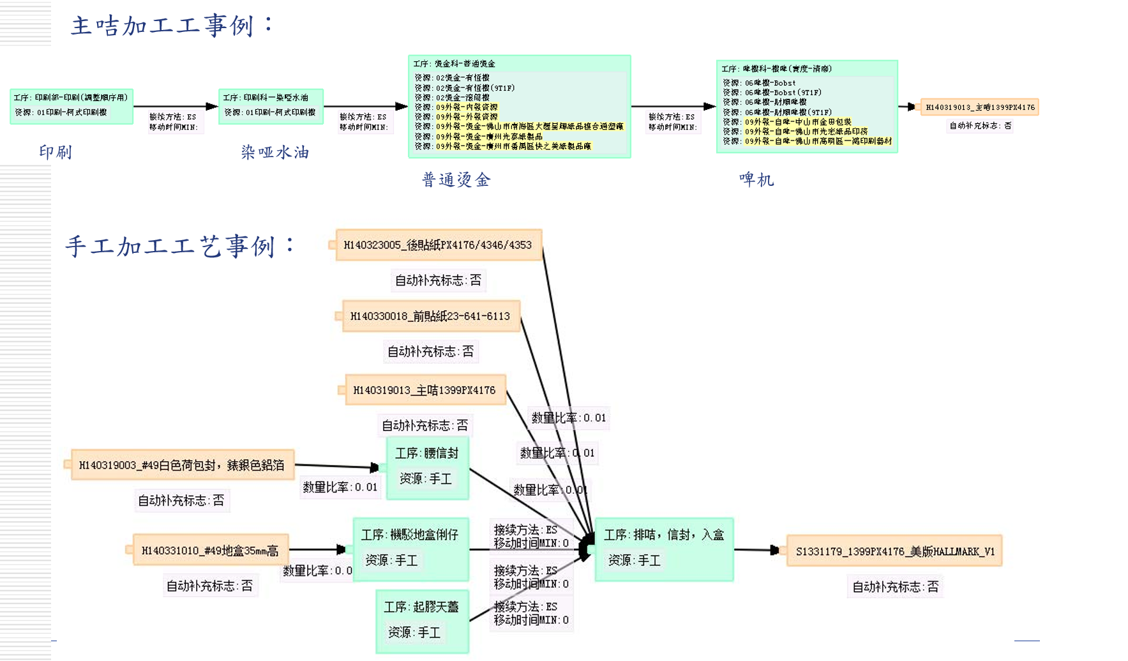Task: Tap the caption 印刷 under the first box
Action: [56, 152]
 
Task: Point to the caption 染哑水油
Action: [275, 152]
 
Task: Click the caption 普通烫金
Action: [456, 179]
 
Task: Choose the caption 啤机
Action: [756, 179]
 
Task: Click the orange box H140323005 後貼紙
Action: [438, 245]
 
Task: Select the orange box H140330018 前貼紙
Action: [430, 316]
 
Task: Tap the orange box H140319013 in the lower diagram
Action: [425, 390]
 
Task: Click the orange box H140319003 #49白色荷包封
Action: [181, 465]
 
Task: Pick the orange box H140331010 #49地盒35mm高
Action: [210, 551]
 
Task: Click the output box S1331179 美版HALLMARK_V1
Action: [894, 551]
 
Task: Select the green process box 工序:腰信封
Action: [427, 467]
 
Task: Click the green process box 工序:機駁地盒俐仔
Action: [410, 548]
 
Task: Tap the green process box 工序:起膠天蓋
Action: [422, 620]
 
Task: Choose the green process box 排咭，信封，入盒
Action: [664, 548]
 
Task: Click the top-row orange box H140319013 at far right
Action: [979, 107]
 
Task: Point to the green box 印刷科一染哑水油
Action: [271, 105]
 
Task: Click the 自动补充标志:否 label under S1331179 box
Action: [895, 586]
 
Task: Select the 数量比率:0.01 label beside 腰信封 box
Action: [340, 487]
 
